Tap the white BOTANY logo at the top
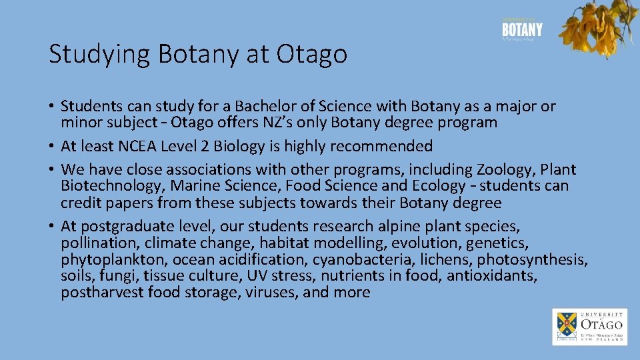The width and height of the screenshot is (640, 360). [x=522, y=30]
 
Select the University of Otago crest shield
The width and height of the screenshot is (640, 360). [x=565, y=325]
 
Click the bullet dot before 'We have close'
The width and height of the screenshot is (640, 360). [x=52, y=170]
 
